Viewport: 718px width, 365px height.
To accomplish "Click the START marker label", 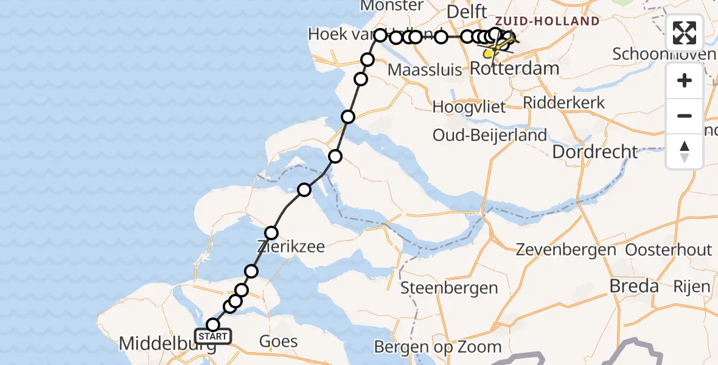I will click(213, 336).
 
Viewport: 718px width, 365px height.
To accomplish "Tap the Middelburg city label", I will click(167, 344).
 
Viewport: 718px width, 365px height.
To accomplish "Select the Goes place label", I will click(278, 341).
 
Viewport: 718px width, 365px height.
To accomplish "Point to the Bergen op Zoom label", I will click(437, 347).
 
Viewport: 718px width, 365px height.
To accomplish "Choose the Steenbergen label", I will click(449, 288).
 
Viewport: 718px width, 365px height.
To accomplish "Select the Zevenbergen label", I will click(566, 249).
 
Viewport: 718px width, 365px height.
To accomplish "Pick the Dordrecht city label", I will click(595, 151).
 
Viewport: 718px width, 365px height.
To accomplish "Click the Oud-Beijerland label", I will click(489, 135).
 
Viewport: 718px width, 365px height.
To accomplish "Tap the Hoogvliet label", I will click(469, 108).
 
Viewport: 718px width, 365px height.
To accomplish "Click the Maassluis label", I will click(425, 70).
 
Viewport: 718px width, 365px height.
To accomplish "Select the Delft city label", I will click(467, 12).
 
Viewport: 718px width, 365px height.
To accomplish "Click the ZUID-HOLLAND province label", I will click(546, 22).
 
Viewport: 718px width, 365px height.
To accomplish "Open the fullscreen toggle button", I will click(685, 33).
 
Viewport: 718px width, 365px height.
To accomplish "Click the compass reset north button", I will click(685, 151).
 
